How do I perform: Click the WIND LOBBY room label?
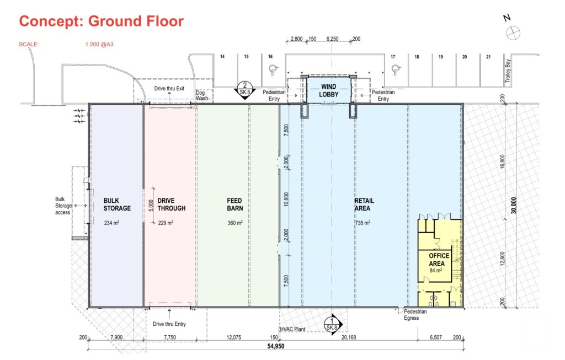[329, 90]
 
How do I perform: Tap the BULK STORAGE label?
[117, 205]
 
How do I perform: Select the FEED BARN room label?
[235, 205]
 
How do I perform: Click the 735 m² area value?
[363, 223]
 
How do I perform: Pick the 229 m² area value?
[166, 223]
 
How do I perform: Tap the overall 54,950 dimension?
[276, 346]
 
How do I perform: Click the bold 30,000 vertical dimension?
[514, 205]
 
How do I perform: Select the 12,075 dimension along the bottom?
[234, 337]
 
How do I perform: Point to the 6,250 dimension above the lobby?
[332, 39]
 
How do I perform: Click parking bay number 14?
[222, 57]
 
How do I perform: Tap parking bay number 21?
[488, 57]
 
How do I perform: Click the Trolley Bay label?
[508, 71]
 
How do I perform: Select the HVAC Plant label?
[292, 329]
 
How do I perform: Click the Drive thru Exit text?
[169, 88]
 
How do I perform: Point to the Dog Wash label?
[202, 95]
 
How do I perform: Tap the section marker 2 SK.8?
[245, 90]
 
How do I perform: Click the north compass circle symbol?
[513, 33]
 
